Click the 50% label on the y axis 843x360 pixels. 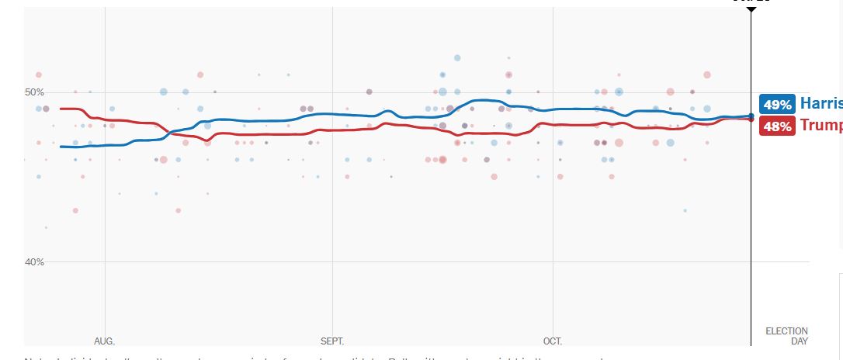point(35,92)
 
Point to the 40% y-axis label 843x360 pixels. point(35,261)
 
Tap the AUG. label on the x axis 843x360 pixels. point(104,341)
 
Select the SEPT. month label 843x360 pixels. point(332,341)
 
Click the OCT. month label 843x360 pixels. point(553,341)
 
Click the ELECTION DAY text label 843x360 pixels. point(786,336)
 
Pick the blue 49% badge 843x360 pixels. point(777,105)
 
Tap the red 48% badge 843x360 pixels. point(777,126)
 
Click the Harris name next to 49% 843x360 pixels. point(821,104)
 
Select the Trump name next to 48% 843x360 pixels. point(821,126)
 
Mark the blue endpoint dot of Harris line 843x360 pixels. point(751,116)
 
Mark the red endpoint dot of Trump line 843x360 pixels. point(751,119)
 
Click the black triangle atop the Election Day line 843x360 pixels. point(751,9)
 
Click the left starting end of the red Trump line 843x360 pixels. point(61,109)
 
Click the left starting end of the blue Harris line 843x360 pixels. point(61,146)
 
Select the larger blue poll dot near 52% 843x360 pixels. point(457,58)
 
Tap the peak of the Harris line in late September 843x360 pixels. point(483,100)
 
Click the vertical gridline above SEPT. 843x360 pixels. point(332,194)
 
